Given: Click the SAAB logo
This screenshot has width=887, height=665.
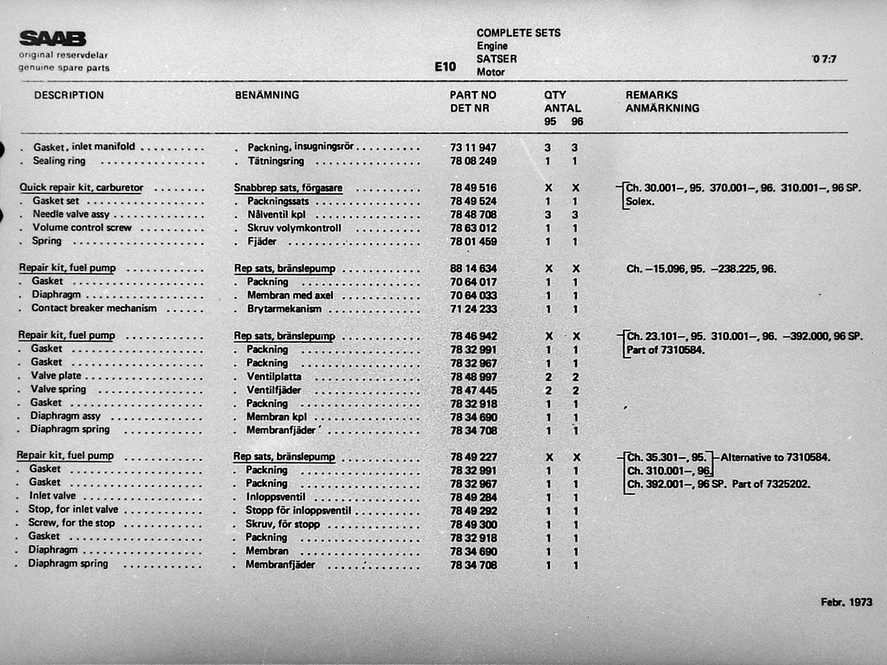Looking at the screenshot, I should (x=53, y=39).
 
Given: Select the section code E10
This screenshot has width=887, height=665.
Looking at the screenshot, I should (x=445, y=66).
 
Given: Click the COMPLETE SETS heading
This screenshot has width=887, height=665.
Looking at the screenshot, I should (x=518, y=33).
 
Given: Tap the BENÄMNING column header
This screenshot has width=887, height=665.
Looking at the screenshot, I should (x=267, y=95).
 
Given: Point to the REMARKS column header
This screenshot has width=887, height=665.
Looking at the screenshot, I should (x=651, y=95).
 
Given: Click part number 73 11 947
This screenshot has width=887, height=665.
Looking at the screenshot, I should (x=473, y=147).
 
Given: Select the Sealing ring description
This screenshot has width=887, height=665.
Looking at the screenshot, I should (x=59, y=161).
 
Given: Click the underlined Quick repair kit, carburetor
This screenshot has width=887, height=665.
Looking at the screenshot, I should (x=81, y=187).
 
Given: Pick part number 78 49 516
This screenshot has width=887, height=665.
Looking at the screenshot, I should (x=473, y=188).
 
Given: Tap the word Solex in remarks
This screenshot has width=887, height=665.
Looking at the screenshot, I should (x=640, y=201).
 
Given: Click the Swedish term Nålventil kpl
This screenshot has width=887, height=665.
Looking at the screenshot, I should (x=276, y=214).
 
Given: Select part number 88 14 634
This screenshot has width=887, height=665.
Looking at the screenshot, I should (x=473, y=268).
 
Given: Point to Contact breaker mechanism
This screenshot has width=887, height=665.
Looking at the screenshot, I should (x=94, y=308).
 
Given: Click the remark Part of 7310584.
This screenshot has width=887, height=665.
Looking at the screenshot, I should (x=666, y=350).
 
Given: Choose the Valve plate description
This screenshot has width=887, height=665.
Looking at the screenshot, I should (x=56, y=375).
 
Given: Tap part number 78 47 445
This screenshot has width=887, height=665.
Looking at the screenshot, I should (x=473, y=390).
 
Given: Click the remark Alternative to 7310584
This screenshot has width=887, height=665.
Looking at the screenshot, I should (x=775, y=457).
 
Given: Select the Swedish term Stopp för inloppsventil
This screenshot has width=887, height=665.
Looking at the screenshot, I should (x=298, y=510).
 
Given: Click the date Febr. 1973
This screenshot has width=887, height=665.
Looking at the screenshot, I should (x=846, y=602).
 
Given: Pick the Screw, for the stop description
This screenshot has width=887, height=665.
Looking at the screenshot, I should (x=71, y=523).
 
